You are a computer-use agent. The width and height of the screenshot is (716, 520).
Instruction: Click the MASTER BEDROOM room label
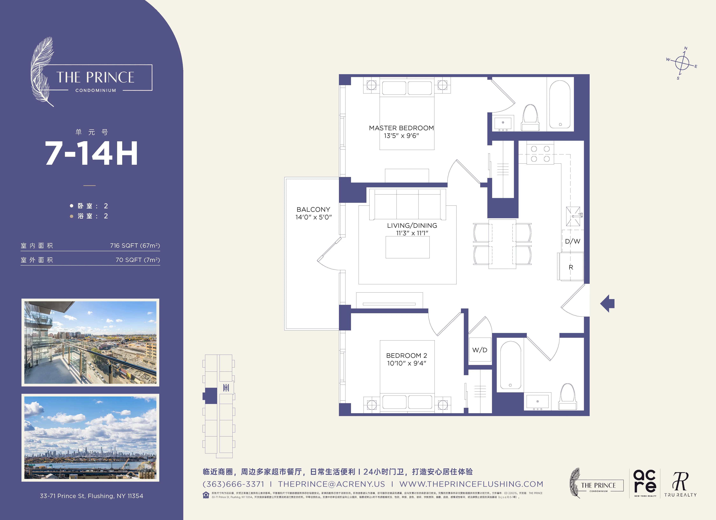pyautogui.click(x=401, y=128)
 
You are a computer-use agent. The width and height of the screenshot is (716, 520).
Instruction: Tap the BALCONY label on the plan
pyautogui.click(x=313, y=209)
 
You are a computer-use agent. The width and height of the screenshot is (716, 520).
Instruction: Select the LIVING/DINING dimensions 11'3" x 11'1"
pyautogui.click(x=412, y=233)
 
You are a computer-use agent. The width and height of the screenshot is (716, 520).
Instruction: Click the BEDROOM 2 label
pyautogui.click(x=406, y=356)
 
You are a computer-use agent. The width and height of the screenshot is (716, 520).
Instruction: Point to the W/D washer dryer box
pyautogui.click(x=480, y=350)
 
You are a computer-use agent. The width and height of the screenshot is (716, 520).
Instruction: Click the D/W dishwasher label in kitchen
pyautogui.click(x=572, y=241)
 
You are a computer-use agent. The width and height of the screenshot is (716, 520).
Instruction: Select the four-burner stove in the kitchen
pyautogui.click(x=540, y=154)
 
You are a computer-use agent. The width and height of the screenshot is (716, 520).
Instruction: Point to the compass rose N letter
pyautogui.click(x=685, y=48)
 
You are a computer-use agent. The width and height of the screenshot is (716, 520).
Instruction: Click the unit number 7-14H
pyautogui.click(x=91, y=153)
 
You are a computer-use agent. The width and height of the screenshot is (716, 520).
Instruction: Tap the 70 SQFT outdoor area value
pyautogui.click(x=138, y=260)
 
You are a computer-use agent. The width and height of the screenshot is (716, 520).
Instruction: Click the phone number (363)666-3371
pyautogui.click(x=233, y=484)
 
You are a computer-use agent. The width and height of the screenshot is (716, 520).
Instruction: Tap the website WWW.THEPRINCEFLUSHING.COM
pyautogui.click(x=471, y=484)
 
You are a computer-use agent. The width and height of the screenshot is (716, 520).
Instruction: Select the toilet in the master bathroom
pyautogui.click(x=530, y=117)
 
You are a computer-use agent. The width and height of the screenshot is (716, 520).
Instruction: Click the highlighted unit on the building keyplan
pyautogui.click(x=210, y=396)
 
